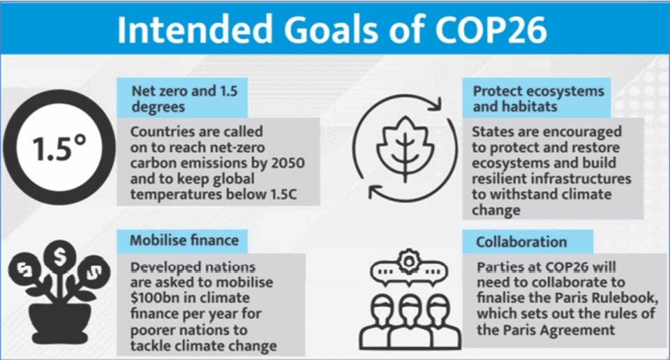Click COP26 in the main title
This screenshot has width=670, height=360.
(490, 29)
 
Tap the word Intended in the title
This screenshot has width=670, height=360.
(195, 29)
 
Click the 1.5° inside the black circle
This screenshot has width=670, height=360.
(59, 148)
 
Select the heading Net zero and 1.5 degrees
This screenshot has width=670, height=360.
(184, 98)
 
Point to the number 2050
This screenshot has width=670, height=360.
(288, 163)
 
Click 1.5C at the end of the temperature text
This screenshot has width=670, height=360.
(284, 194)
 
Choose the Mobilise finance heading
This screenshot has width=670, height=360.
(184, 240)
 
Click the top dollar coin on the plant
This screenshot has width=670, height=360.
(60, 257)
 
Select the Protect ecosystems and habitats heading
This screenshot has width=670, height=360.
(538, 98)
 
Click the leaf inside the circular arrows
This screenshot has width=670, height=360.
(405, 148)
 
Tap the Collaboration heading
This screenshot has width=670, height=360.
(521, 242)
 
